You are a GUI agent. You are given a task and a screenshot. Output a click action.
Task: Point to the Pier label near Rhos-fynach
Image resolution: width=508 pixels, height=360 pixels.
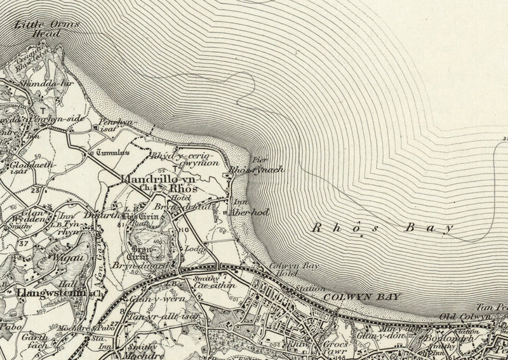[257, 160]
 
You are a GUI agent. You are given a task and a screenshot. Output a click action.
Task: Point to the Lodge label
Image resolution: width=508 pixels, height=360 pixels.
[193, 250]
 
